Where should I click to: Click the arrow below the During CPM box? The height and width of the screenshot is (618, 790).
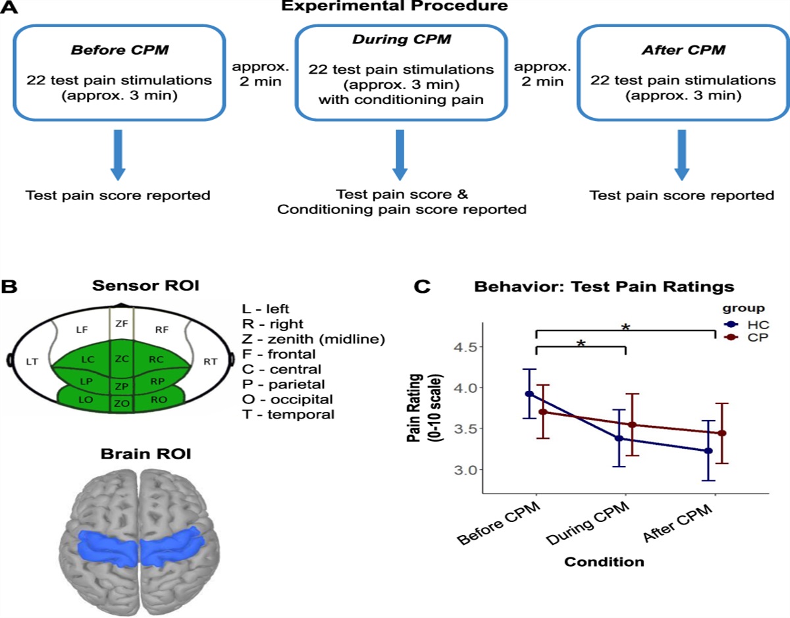coord(397,155)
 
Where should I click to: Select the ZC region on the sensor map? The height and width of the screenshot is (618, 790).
coord(120,359)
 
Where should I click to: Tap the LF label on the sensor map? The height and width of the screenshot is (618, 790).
coord(82,329)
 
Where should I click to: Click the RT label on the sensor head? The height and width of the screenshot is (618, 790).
coord(211,361)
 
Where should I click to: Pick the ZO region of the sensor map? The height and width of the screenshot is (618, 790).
coord(120,403)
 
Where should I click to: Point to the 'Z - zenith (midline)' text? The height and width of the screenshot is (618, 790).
coord(313,339)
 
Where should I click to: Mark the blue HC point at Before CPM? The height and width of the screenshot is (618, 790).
coord(529,394)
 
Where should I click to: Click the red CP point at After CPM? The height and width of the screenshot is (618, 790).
coord(722,433)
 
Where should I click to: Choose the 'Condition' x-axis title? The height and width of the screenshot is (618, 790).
coord(604,562)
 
